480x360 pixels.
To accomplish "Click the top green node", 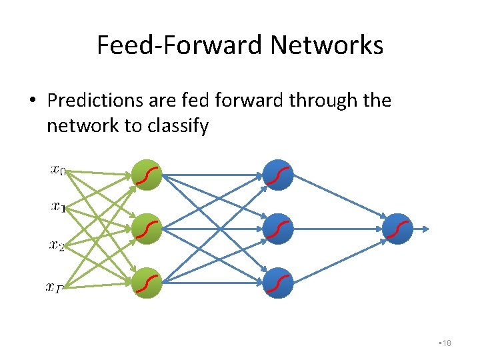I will pyautogui.click(x=147, y=175).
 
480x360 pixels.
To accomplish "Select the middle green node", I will pyautogui.click(x=147, y=229).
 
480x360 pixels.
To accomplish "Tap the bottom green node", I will pyautogui.click(x=147, y=283).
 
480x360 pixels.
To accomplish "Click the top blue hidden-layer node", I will pyautogui.click(x=279, y=175).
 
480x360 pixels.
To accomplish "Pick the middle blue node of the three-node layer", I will pyautogui.click(x=279, y=229).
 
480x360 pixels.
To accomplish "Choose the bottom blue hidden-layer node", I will pyautogui.click(x=279, y=283).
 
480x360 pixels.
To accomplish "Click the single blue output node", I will pyautogui.click(x=398, y=229).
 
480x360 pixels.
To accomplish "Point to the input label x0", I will pyautogui.click(x=58, y=170).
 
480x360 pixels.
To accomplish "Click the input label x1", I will pyautogui.click(x=58, y=207).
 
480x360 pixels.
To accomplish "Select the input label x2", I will pyautogui.click(x=57, y=246).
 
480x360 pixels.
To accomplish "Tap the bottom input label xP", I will pyautogui.click(x=55, y=287).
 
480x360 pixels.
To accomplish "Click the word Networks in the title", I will pyautogui.click(x=327, y=45).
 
